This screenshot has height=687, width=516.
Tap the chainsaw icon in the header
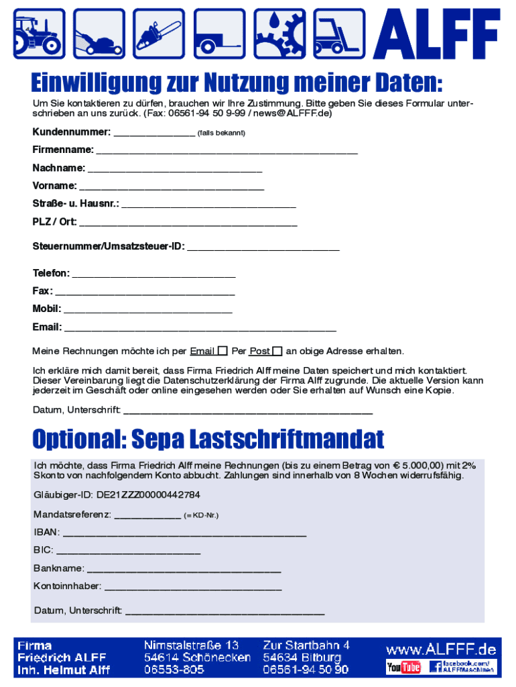[x=157, y=34]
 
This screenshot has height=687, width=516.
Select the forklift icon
[x=337, y=34]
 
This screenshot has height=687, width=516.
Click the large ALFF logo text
[x=438, y=35]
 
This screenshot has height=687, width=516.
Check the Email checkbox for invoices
[x=222, y=351]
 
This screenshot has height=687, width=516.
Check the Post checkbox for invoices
[x=277, y=351]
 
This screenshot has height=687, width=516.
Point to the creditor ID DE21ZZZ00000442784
[x=117, y=495]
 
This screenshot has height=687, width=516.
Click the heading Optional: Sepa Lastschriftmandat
[x=208, y=440]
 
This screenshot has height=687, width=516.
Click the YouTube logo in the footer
[x=403, y=667]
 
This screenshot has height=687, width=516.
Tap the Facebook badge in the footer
[x=463, y=667]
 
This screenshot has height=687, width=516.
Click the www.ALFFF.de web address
[x=440, y=649]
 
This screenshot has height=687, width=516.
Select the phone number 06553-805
[x=174, y=670]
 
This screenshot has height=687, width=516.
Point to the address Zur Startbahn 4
[x=306, y=645]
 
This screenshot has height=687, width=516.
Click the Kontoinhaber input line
[x=193, y=587]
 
